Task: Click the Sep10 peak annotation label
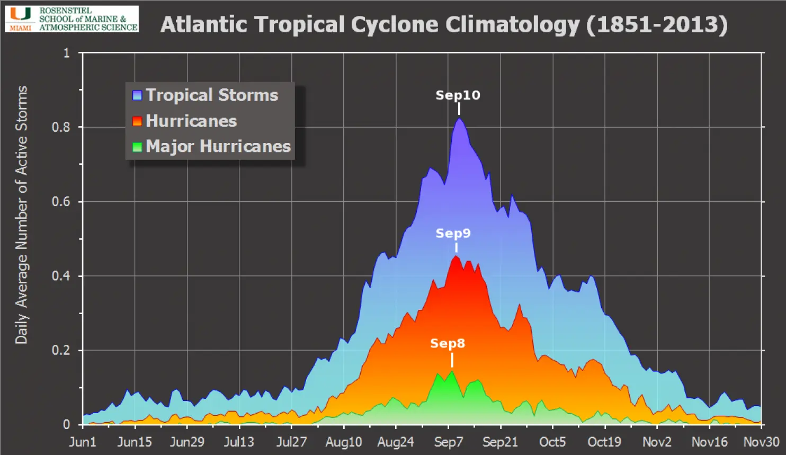tap(458, 95)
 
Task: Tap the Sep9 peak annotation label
tap(453, 234)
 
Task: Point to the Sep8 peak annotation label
tap(447, 344)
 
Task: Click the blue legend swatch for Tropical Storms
tap(137, 95)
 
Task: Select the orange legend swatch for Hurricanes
tap(137, 121)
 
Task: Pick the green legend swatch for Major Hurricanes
tap(137, 147)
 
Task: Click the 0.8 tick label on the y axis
tap(61, 127)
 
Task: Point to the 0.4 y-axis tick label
tap(61, 276)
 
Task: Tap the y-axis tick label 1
tap(66, 53)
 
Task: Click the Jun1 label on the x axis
tap(83, 442)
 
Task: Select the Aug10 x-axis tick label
tap(344, 442)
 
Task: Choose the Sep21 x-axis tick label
tap(500, 442)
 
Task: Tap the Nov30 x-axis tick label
tap(761, 442)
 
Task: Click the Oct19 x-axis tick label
tap(604, 442)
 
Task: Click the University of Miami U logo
tap(21, 14)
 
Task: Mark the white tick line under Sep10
tap(459, 109)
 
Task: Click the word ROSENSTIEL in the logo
tap(65, 11)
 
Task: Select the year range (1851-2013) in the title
tap(657, 25)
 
